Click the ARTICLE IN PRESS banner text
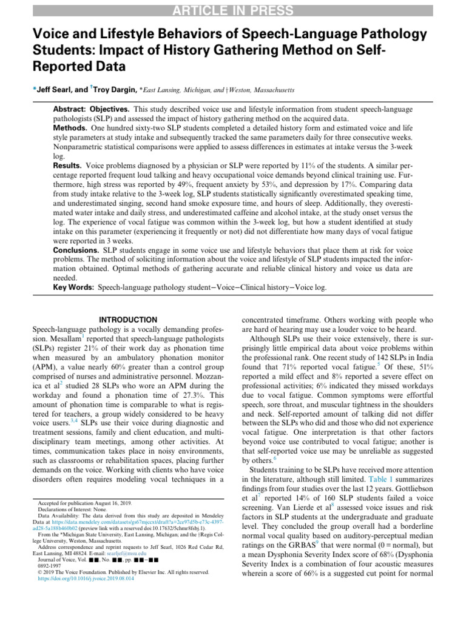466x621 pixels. [x=233, y=10]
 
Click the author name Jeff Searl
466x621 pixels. [x=55, y=90]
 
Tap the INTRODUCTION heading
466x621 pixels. [x=127, y=320]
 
